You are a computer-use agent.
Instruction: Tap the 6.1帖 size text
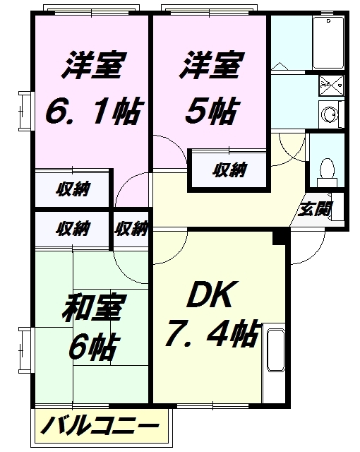click(91, 111)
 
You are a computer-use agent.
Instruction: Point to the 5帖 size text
click(210, 111)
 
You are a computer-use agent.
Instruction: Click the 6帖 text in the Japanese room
click(91, 346)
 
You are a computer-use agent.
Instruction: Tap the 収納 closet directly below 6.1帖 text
click(73, 189)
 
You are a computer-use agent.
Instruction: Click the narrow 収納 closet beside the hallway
click(132, 228)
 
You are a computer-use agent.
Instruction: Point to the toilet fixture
click(325, 169)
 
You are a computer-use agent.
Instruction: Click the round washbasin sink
click(328, 114)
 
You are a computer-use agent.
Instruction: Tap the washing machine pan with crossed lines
click(327, 85)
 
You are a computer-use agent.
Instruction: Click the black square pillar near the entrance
click(280, 239)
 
